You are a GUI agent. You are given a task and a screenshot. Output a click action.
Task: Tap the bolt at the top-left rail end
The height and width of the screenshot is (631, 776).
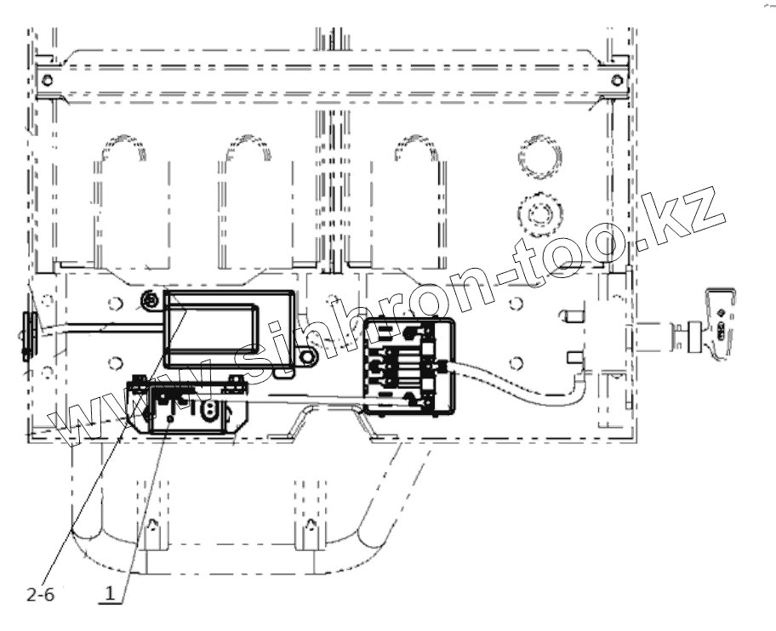tap(47, 80)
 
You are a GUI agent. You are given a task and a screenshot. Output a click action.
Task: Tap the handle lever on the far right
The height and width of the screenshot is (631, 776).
tap(720, 324)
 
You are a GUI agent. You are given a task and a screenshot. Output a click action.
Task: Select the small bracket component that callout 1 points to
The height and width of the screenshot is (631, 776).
tap(183, 406)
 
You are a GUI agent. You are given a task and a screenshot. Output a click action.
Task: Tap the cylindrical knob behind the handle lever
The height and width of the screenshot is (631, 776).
tap(685, 333)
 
